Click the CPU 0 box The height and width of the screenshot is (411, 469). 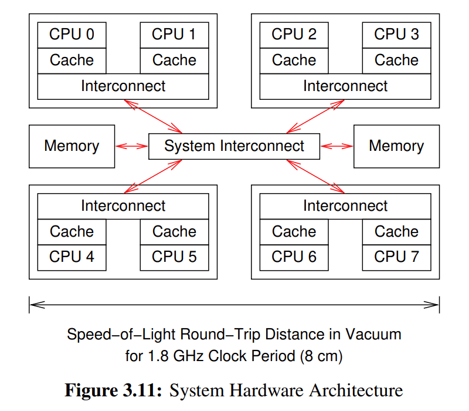(x=72, y=35)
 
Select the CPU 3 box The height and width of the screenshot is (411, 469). (x=396, y=35)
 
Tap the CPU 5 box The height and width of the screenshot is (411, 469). (x=174, y=257)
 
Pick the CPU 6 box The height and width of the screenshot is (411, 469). (x=294, y=257)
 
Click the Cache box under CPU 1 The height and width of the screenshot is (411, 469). (x=174, y=60)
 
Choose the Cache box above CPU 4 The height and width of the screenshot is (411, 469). (x=72, y=231)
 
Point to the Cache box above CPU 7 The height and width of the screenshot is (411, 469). (x=396, y=231)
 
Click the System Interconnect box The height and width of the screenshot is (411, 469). (x=234, y=146)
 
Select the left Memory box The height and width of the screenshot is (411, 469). (x=72, y=146)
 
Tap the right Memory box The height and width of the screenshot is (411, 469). (x=396, y=146)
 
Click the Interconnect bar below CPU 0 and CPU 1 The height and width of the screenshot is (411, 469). (x=123, y=86)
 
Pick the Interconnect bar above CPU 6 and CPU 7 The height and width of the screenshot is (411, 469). (x=345, y=206)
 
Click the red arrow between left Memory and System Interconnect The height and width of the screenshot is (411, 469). (x=132, y=146)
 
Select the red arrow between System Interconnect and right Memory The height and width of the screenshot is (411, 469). (x=337, y=146)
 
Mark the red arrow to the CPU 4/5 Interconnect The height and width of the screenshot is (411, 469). (x=154, y=176)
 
